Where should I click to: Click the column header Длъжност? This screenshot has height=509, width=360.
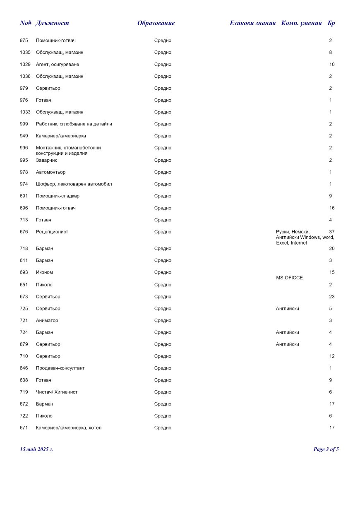click(52, 23)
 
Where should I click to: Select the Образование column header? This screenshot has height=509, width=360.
click(156, 23)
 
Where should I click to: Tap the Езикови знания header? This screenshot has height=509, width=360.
click(252, 23)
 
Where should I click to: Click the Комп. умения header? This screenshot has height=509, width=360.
click(301, 23)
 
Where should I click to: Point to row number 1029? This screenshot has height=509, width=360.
click(25, 65)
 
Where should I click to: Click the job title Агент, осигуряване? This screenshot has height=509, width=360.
click(58, 65)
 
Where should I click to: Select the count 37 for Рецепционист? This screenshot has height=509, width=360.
click(331, 232)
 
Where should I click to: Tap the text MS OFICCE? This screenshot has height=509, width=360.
click(289, 278)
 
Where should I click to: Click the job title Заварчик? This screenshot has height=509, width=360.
click(46, 160)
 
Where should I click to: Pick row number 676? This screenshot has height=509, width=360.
click(24, 232)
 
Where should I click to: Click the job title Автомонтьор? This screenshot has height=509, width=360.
click(50, 172)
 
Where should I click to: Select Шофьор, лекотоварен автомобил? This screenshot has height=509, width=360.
click(74, 184)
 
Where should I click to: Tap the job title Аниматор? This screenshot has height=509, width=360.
click(47, 321)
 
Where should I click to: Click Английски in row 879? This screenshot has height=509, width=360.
click(287, 344)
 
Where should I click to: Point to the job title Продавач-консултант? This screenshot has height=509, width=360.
click(60, 368)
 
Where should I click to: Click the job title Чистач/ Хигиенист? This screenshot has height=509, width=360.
click(57, 392)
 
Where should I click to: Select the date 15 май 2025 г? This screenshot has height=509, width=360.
click(36, 449)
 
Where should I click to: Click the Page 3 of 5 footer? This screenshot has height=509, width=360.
click(326, 449)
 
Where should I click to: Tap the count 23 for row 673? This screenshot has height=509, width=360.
click(332, 297)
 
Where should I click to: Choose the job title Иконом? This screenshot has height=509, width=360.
click(44, 272)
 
